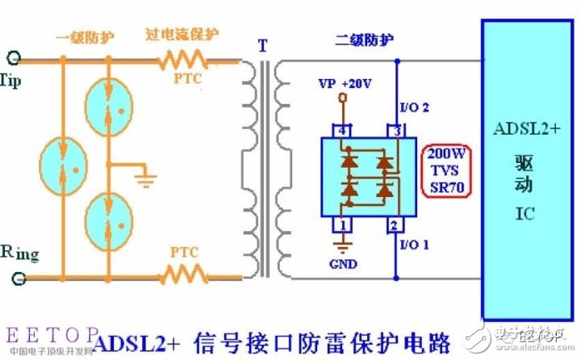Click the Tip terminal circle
pyautogui.click(x=13, y=58)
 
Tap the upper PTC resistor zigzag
pyautogui.click(x=182, y=59)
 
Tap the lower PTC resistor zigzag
pyautogui.click(x=182, y=276)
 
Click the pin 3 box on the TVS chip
pyautogui.click(x=397, y=130)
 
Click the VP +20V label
pyautogui.click(x=346, y=84)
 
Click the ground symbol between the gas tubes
pyautogui.click(x=146, y=176)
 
